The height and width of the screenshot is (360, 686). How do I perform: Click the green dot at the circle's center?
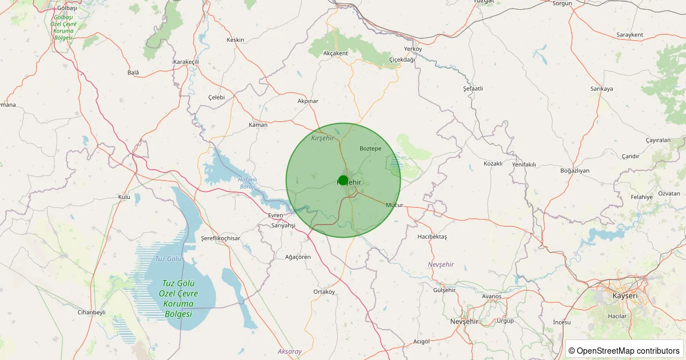click(x=343, y=180)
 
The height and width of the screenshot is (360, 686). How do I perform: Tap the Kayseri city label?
click(x=624, y=296)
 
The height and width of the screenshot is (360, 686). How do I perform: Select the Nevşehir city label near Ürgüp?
click(x=464, y=322)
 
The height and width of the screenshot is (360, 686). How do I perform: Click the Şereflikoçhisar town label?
click(x=221, y=238)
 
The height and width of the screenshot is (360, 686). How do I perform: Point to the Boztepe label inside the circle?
click(x=370, y=149)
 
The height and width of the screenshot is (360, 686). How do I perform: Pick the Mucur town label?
click(x=394, y=205)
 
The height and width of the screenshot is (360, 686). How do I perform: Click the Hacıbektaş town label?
click(x=432, y=237)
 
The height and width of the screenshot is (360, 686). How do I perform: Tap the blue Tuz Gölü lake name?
click(x=167, y=259)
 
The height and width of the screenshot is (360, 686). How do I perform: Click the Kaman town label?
click(x=258, y=125)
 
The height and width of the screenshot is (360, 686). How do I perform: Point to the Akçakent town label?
click(x=336, y=53)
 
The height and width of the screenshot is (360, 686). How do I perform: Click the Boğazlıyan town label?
click(x=575, y=171)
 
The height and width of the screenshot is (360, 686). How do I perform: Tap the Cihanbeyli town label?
click(x=91, y=313)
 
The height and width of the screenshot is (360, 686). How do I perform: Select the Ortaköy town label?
click(x=324, y=291)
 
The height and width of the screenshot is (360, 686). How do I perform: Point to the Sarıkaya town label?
click(x=601, y=89)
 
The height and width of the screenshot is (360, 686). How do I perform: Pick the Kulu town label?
click(x=124, y=197)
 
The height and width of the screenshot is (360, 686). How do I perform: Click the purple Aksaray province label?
click(x=289, y=351)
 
